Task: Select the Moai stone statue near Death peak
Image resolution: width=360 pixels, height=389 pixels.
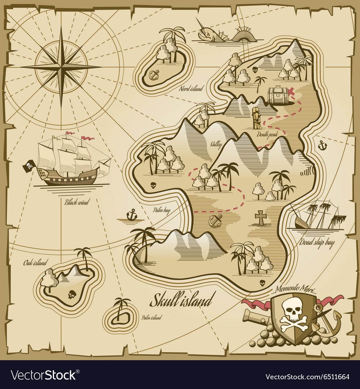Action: [x=256, y=118]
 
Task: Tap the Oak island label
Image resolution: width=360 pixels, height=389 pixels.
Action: [x=35, y=263]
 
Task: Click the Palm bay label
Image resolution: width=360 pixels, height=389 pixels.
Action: [x=161, y=210]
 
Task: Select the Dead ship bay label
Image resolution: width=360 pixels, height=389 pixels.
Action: [x=317, y=242]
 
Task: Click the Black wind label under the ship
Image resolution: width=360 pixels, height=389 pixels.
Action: [x=76, y=202]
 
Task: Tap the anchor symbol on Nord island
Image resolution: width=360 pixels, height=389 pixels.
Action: [x=154, y=75]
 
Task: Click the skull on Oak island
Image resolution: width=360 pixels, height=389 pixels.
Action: [x=71, y=295]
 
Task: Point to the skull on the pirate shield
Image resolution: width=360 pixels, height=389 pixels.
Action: [x=291, y=309]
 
